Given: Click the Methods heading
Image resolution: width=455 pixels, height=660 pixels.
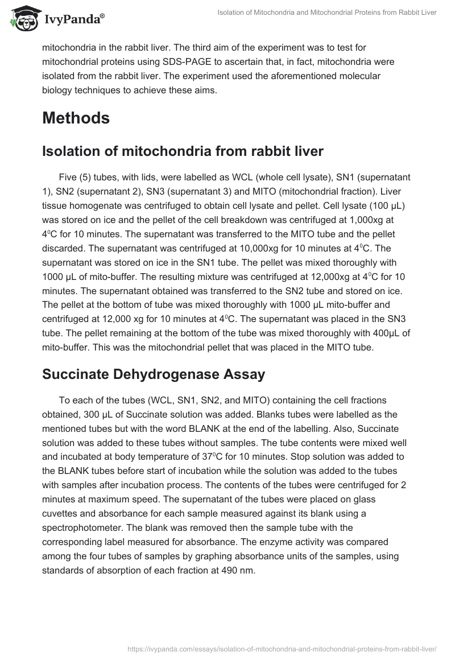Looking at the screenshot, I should click(76, 118).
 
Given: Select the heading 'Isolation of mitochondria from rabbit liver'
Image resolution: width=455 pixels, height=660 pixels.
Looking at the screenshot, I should click(183, 151).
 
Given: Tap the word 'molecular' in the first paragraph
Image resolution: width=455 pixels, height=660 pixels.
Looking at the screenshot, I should click(353, 76).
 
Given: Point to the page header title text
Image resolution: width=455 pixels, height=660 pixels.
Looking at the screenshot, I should click(327, 13).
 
